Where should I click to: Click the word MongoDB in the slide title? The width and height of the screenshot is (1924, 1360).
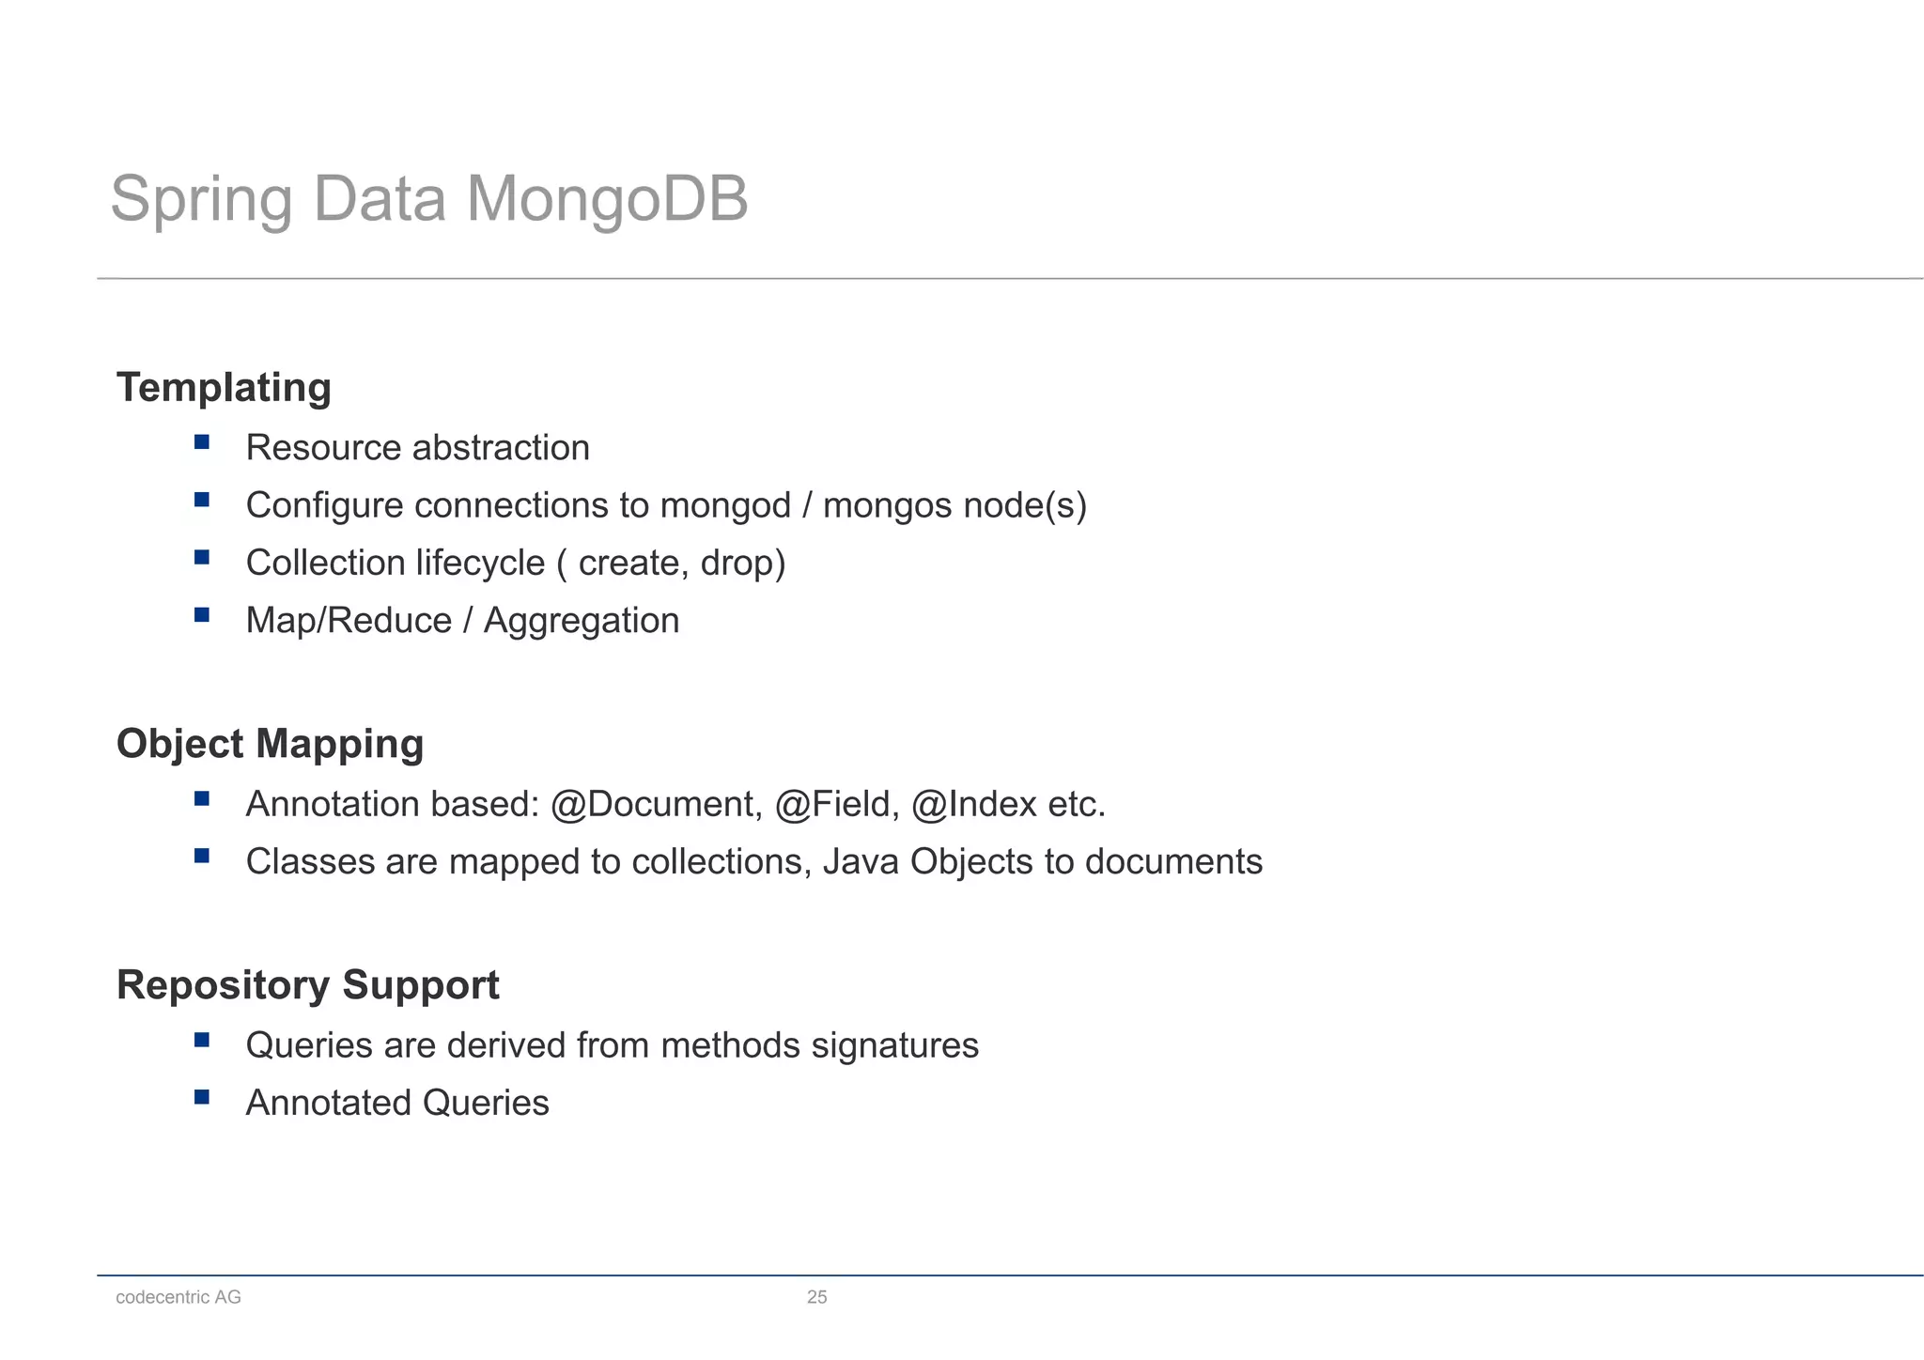[607, 199]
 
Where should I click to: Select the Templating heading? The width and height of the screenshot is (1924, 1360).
[224, 388]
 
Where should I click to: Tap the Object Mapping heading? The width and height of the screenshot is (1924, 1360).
[270, 744]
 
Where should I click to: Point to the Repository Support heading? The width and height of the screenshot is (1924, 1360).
[307, 985]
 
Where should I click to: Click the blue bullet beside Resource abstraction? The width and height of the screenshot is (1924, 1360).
[202, 441]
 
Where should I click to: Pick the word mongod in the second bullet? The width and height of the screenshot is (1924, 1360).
[725, 506]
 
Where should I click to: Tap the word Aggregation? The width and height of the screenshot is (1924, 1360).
[581, 622]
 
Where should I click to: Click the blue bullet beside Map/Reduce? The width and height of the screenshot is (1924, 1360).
[202, 615]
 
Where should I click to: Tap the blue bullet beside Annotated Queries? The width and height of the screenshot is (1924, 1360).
[202, 1097]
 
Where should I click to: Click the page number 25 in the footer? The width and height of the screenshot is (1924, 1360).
[816, 1297]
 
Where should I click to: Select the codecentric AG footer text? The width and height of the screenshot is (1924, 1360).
[178, 1297]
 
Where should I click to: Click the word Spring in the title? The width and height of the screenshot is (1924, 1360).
[202, 201]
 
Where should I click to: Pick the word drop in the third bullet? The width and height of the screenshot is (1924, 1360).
[737, 564]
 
